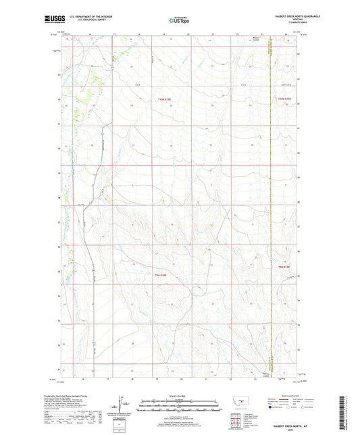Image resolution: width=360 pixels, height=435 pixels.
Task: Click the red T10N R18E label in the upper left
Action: pos(165,99)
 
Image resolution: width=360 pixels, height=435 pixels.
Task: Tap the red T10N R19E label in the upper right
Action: pos(284,99)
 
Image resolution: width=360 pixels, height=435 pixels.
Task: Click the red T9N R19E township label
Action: pos(284,268)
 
